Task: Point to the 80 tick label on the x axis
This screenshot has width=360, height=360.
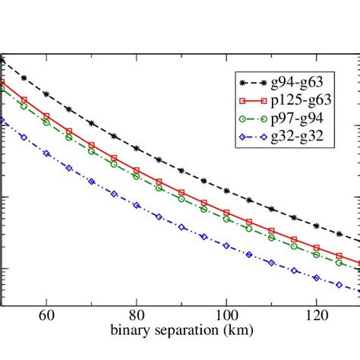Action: [x=136, y=313]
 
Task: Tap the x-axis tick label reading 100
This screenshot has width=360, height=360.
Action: [x=226, y=313]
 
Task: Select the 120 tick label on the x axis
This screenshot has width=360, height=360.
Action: [x=316, y=313]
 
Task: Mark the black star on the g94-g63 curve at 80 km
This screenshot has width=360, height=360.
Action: [x=136, y=148]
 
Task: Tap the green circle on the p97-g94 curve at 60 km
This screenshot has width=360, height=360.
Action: [x=46, y=122]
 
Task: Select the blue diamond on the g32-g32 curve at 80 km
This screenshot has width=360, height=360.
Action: [x=136, y=205]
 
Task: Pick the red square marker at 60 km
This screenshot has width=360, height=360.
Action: [x=46, y=116]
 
